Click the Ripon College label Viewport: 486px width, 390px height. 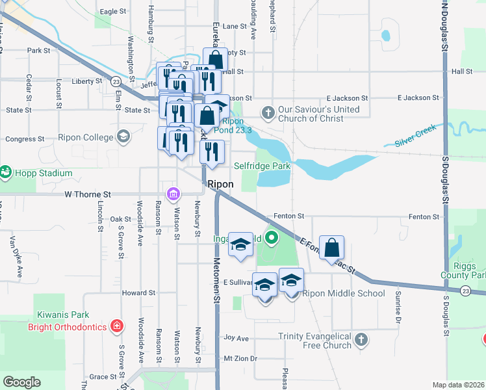click(x=86, y=137)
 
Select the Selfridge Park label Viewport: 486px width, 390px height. click(x=262, y=166)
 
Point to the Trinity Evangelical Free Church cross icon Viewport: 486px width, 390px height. click(x=362, y=339)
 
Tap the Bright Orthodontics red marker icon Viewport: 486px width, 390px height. click(x=116, y=326)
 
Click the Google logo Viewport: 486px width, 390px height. click(x=21, y=382)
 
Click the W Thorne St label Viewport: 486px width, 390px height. click(x=88, y=194)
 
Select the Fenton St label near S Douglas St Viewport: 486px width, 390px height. click(x=422, y=216)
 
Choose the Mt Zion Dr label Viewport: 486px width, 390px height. click(x=240, y=358)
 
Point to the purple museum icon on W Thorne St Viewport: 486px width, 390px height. click(x=173, y=194)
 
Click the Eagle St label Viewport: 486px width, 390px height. click(x=112, y=12)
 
